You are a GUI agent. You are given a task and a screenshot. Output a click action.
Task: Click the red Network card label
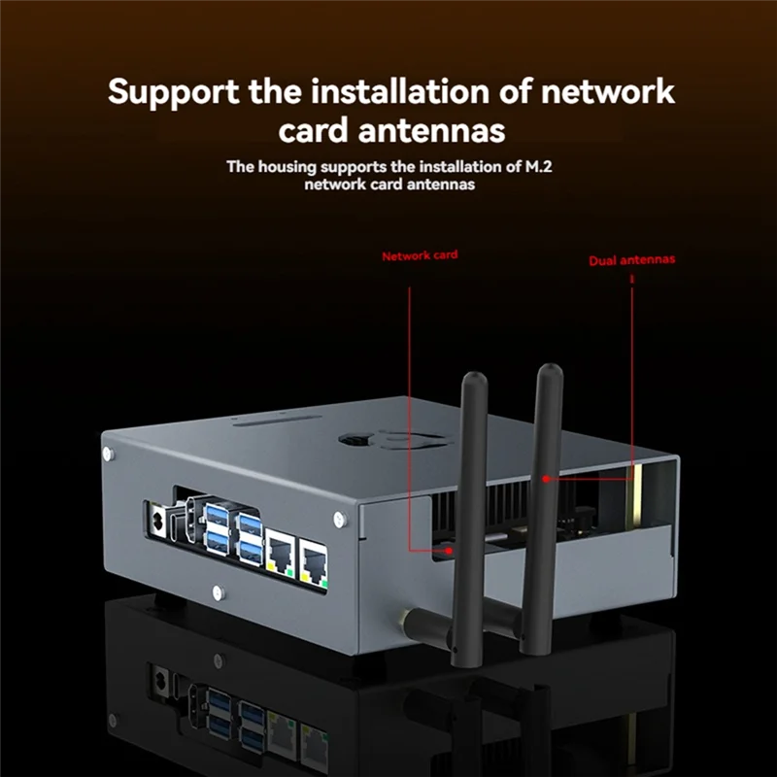tap(419, 255)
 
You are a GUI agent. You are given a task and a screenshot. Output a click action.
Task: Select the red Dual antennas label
tap(631, 260)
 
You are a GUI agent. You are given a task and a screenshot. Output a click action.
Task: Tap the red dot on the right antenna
tap(548, 478)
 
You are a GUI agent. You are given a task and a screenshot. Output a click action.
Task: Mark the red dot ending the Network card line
tap(451, 551)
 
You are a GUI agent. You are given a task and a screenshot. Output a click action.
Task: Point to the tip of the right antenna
tap(550, 370)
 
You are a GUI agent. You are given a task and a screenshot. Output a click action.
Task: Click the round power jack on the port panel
tap(154, 521)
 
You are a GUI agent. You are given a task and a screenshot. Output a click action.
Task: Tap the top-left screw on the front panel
tap(108, 453)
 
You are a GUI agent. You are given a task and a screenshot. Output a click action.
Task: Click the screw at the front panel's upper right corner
tap(339, 519)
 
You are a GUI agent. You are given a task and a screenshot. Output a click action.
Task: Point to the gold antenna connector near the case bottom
tap(400, 617)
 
